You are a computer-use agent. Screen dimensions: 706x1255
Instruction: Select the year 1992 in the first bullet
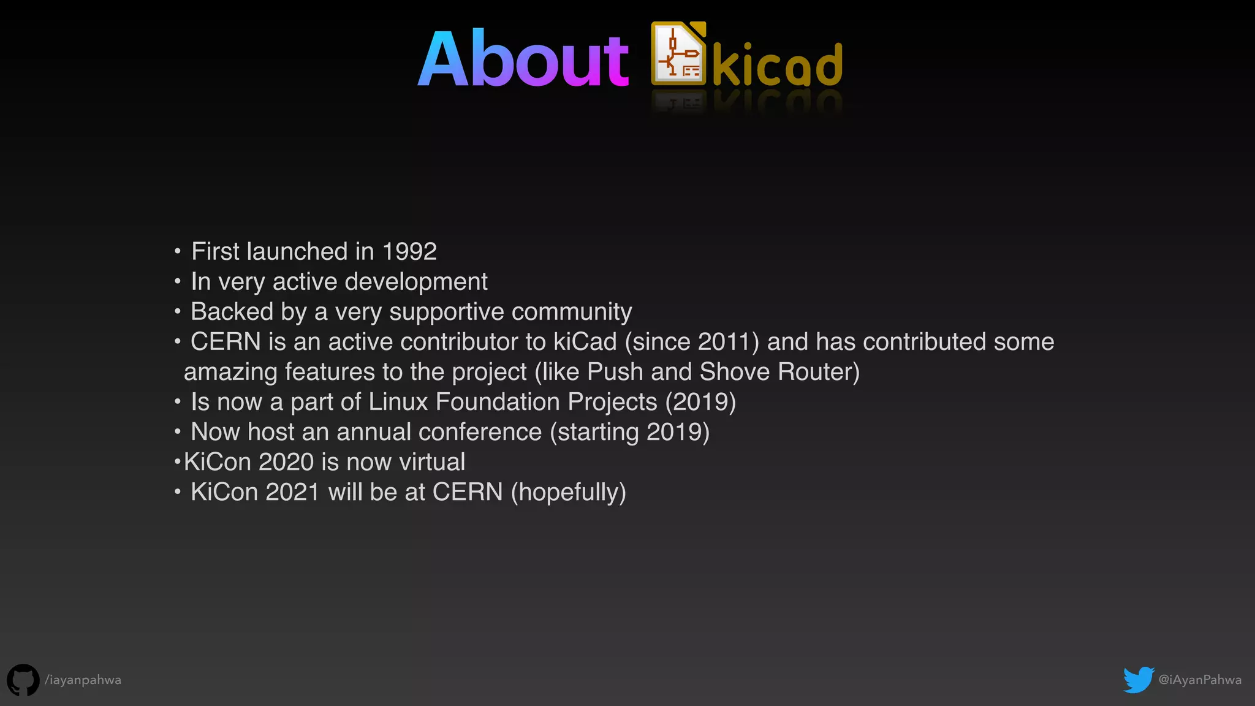click(409, 251)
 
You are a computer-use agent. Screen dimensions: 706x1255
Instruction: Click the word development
click(416, 282)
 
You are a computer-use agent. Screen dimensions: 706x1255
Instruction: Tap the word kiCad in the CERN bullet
click(585, 342)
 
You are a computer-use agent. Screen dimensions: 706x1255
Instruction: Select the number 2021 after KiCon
click(292, 492)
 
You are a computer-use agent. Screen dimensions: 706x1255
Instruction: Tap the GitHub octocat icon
click(23, 680)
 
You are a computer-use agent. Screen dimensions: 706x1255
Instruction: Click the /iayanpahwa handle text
click(83, 680)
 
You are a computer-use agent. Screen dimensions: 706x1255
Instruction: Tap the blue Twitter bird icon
click(1139, 680)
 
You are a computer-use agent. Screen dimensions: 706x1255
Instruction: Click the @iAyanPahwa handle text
click(1200, 680)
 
